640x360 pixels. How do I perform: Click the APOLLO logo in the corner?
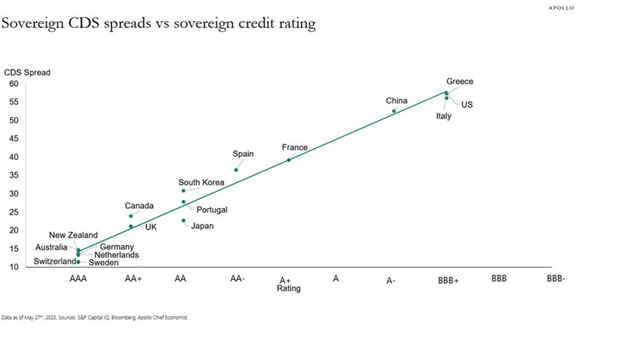pos(561,8)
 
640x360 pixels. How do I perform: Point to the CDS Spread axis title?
pos(25,72)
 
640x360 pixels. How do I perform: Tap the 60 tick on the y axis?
pos(14,84)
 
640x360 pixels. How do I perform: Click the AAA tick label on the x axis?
pos(78,279)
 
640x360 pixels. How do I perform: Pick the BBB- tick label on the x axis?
pos(556,279)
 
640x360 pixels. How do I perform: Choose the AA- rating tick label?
pos(237,279)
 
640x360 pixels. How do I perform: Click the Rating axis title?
pos(289,289)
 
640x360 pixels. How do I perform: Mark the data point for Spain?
pos(236,170)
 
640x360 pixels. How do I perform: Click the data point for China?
pos(394,111)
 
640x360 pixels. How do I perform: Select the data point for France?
pos(289,160)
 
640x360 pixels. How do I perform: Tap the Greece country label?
pos(459,81)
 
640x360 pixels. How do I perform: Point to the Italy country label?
pos(443,116)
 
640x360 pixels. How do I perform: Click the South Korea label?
pos(201,182)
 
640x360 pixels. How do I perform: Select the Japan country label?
pos(202,226)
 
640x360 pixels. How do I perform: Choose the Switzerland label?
pos(55,261)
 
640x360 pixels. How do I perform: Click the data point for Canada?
pos(131,216)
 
